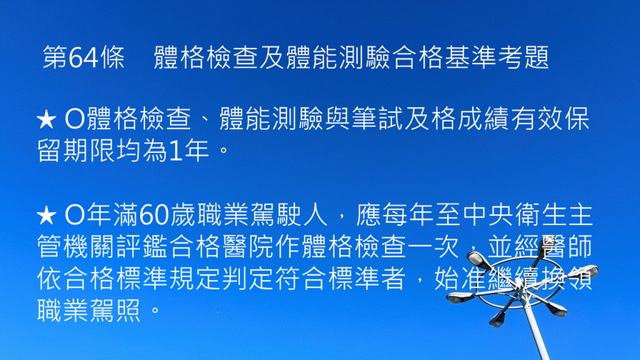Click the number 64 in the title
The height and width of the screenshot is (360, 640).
pos(84,58)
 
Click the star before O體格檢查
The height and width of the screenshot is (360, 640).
pos(46,119)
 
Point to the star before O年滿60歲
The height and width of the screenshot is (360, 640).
pos(46,216)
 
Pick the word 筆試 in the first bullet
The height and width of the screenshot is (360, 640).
pos(377,119)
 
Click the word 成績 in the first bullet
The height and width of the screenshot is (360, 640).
pos(484,119)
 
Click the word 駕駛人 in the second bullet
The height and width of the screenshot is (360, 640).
pos(288,215)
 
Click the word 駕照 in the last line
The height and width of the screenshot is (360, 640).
pos(116,310)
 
